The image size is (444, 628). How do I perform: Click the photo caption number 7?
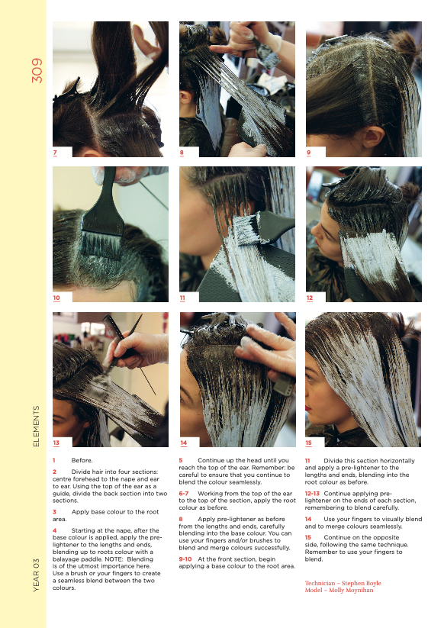click(x=55, y=153)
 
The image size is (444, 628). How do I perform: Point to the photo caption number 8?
click(x=182, y=153)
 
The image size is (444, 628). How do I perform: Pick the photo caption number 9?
click(x=308, y=153)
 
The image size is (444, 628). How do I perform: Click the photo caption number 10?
click(x=56, y=297)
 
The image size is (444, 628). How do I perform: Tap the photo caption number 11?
click(x=183, y=297)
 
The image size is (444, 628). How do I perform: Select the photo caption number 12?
click(x=310, y=297)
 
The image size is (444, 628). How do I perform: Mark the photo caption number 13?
click(x=56, y=442)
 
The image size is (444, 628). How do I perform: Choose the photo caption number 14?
click(x=183, y=442)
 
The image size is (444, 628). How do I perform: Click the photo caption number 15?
click(x=309, y=442)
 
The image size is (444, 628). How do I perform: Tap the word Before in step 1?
click(x=82, y=461)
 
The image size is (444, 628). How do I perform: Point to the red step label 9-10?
click(x=185, y=559)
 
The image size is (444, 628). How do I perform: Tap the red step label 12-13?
click(x=312, y=493)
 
